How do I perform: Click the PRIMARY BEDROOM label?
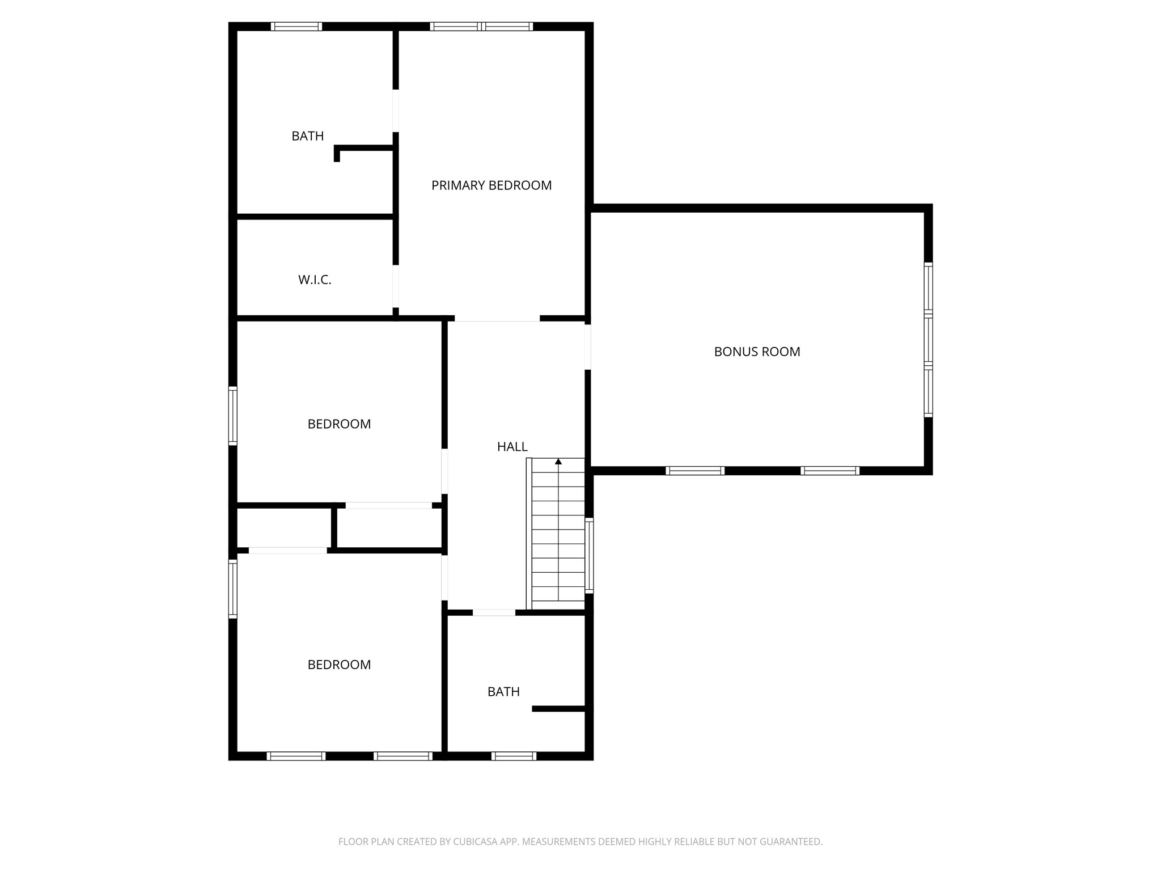491,185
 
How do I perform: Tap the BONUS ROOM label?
757,352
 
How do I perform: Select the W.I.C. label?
315,280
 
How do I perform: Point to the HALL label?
512,447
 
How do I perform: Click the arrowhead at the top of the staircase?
558,462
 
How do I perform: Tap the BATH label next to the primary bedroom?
308,136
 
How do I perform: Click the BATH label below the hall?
503,692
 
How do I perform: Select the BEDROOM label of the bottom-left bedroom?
339,665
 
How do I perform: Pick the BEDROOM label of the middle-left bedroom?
339,424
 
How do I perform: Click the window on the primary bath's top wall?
296,27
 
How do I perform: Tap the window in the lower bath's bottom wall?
514,756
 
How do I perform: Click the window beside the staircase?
590,556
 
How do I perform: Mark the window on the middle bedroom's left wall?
232,416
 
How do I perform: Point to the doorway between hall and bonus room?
588,347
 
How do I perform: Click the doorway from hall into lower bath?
494,612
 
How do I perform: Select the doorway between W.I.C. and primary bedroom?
396,286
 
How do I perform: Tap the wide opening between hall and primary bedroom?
497,319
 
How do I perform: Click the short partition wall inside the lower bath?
559,709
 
